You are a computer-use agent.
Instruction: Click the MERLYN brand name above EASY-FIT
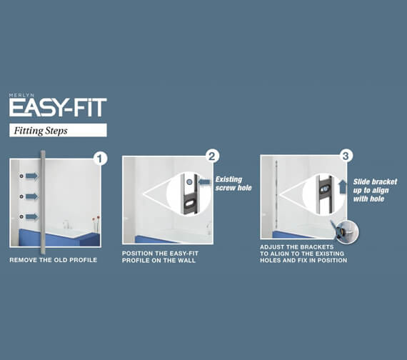(x=21, y=95)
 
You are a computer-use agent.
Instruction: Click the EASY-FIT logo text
(x=58, y=107)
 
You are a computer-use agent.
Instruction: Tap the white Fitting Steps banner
(x=58, y=130)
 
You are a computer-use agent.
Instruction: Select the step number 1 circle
(x=100, y=158)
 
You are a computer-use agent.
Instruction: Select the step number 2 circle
(x=212, y=156)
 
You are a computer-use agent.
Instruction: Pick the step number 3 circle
(x=346, y=156)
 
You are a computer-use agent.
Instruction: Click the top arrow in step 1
(x=32, y=176)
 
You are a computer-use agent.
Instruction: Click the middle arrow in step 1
(x=32, y=196)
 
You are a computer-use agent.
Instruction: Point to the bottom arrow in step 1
(x=32, y=216)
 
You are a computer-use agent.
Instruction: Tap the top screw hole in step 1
(x=21, y=176)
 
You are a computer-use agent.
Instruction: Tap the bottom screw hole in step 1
(x=21, y=216)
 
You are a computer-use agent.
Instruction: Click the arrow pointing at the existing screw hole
(x=204, y=182)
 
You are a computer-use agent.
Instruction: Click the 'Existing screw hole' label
(x=233, y=184)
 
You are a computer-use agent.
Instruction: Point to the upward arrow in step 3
(x=343, y=186)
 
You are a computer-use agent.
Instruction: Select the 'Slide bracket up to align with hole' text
(x=375, y=191)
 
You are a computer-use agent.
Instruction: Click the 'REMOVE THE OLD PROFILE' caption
(x=54, y=260)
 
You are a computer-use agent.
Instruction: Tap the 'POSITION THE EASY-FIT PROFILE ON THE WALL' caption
(x=160, y=257)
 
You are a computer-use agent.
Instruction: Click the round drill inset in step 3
(x=346, y=231)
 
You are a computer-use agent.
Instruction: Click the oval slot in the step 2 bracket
(x=191, y=204)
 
